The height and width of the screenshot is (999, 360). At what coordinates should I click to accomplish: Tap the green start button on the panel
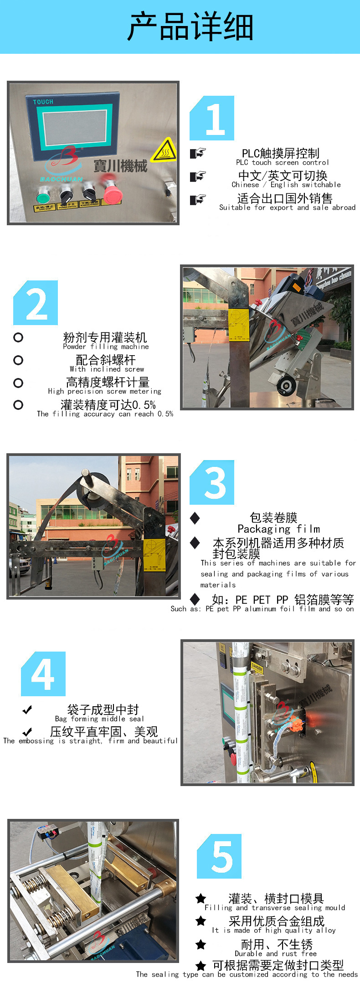(x=43, y=198)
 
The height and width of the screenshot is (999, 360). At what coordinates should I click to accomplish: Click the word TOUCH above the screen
(x=43, y=102)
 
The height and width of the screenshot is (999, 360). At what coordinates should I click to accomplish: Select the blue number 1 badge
(x=212, y=118)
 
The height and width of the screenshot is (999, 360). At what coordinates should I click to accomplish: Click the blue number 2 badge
(x=36, y=303)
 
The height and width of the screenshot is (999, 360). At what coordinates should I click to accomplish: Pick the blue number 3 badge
(x=212, y=482)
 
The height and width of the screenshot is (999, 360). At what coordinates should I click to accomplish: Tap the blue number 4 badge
(x=43, y=674)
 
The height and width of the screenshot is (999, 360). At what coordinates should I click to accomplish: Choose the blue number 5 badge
(x=219, y=856)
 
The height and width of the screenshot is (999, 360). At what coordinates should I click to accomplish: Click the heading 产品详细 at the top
(x=190, y=27)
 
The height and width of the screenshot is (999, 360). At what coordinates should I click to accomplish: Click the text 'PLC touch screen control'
(x=282, y=162)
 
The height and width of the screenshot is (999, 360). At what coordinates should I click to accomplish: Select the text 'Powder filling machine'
(x=106, y=347)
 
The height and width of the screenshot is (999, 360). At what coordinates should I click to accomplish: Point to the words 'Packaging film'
(x=278, y=529)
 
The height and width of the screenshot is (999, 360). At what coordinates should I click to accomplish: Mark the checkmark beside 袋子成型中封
(x=27, y=709)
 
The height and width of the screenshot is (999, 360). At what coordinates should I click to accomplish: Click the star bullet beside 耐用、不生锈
(x=201, y=944)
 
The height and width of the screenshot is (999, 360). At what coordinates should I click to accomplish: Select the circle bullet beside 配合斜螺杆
(x=18, y=360)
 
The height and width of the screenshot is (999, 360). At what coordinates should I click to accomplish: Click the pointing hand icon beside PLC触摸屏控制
(x=198, y=153)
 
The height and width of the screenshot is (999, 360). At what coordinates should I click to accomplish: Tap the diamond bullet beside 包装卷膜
(x=195, y=518)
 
